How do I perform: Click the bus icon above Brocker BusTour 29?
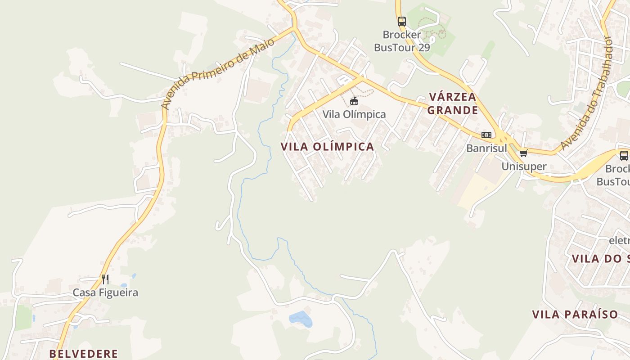[401, 21]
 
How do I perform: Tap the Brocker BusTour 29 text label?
[402, 41]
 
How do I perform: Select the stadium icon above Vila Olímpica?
[354, 101]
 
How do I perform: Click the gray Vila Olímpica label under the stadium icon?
[354, 114]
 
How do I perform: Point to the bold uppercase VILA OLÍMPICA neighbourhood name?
[327, 147]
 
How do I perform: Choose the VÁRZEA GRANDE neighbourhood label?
[452, 103]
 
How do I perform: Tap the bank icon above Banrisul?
[486, 135]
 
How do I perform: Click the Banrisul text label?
[486, 148]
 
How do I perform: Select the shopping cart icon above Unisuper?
[523, 153]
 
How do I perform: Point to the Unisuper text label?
[524, 166]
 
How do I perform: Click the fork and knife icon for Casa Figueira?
[105, 279]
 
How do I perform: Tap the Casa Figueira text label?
[105, 293]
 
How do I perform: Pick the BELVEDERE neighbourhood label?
[84, 354]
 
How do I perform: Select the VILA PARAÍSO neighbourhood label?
[575, 315]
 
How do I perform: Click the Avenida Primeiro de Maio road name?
[218, 74]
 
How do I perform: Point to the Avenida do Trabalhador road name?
[587, 93]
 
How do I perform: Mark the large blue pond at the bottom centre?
[301, 319]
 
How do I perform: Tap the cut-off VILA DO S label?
[600, 259]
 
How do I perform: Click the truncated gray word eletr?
[619, 240]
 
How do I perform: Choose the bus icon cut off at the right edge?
[624, 156]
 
